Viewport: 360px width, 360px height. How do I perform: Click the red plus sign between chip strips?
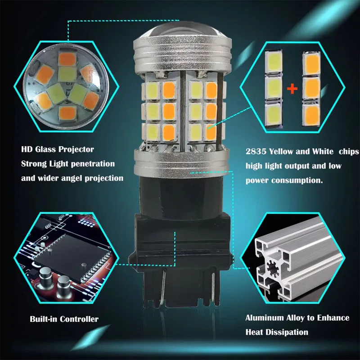292,89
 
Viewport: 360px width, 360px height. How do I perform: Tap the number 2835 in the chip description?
256,152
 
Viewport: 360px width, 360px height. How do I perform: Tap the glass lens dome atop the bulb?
182,31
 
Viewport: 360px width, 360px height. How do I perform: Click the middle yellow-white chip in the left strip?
274,87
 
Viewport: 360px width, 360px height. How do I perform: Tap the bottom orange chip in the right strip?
311,115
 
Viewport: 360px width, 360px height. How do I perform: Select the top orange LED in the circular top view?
67,59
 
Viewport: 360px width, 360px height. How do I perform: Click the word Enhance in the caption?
333,318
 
